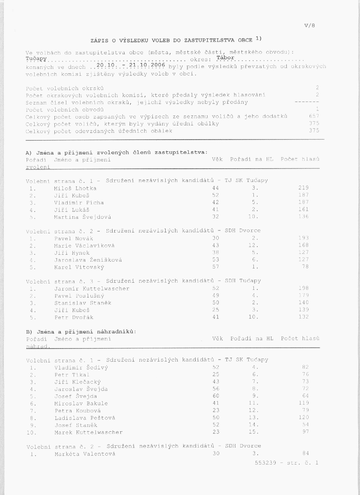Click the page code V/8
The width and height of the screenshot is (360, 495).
click(310, 26)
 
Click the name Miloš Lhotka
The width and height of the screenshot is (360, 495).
click(75, 188)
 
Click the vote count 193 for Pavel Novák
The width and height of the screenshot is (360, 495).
click(303, 238)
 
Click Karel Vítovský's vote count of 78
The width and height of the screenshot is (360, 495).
click(305, 267)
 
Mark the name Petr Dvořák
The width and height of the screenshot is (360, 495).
click(74, 317)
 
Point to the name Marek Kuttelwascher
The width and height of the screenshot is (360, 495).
click(89, 432)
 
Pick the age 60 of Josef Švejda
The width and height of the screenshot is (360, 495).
click(216, 396)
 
